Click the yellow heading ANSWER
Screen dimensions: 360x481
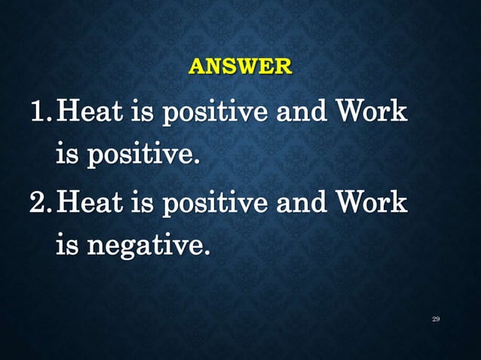click(x=240, y=67)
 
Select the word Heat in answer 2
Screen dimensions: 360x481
click(x=90, y=202)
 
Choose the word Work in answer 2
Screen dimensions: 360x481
click(x=372, y=202)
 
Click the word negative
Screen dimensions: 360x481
click(x=148, y=246)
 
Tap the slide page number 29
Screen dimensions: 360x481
click(x=436, y=319)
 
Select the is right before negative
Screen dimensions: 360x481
click(x=66, y=244)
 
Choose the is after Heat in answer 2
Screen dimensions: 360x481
click(x=140, y=202)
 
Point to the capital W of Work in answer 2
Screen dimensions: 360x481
click(x=354, y=202)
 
